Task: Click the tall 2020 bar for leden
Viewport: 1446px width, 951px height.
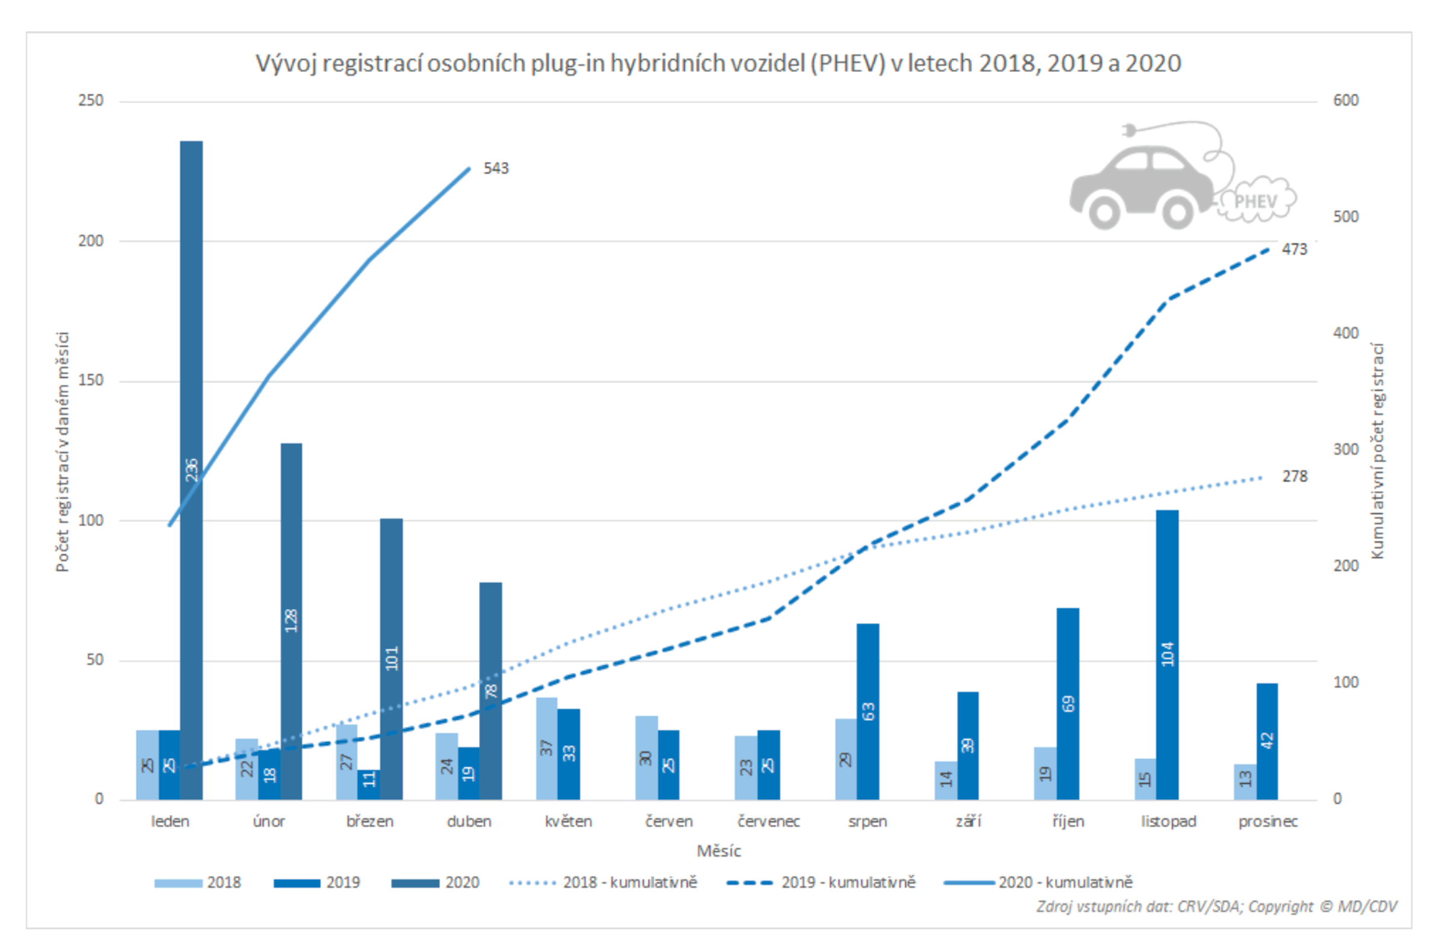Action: (x=191, y=365)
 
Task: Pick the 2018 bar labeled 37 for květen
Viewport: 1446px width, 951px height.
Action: (x=546, y=748)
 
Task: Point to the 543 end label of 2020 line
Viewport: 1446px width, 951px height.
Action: (x=496, y=168)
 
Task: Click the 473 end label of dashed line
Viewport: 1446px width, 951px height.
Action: (x=1294, y=249)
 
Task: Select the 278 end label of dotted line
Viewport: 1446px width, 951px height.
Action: (x=1294, y=477)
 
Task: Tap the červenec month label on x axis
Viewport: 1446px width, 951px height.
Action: (x=768, y=821)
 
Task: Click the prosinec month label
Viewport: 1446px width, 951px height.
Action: (x=1268, y=821)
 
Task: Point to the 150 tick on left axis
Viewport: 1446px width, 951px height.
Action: (x=90, y=380)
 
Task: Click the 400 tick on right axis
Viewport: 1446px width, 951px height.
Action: (x=1345, y=333)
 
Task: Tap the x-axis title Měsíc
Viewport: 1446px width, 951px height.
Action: (x=718, y=851)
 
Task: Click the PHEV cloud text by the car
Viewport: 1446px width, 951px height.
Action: (x=1256, y=201)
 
